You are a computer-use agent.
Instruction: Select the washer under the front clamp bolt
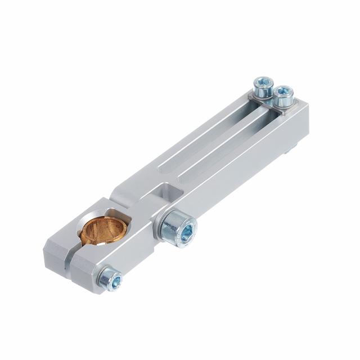tap(102, 276)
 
